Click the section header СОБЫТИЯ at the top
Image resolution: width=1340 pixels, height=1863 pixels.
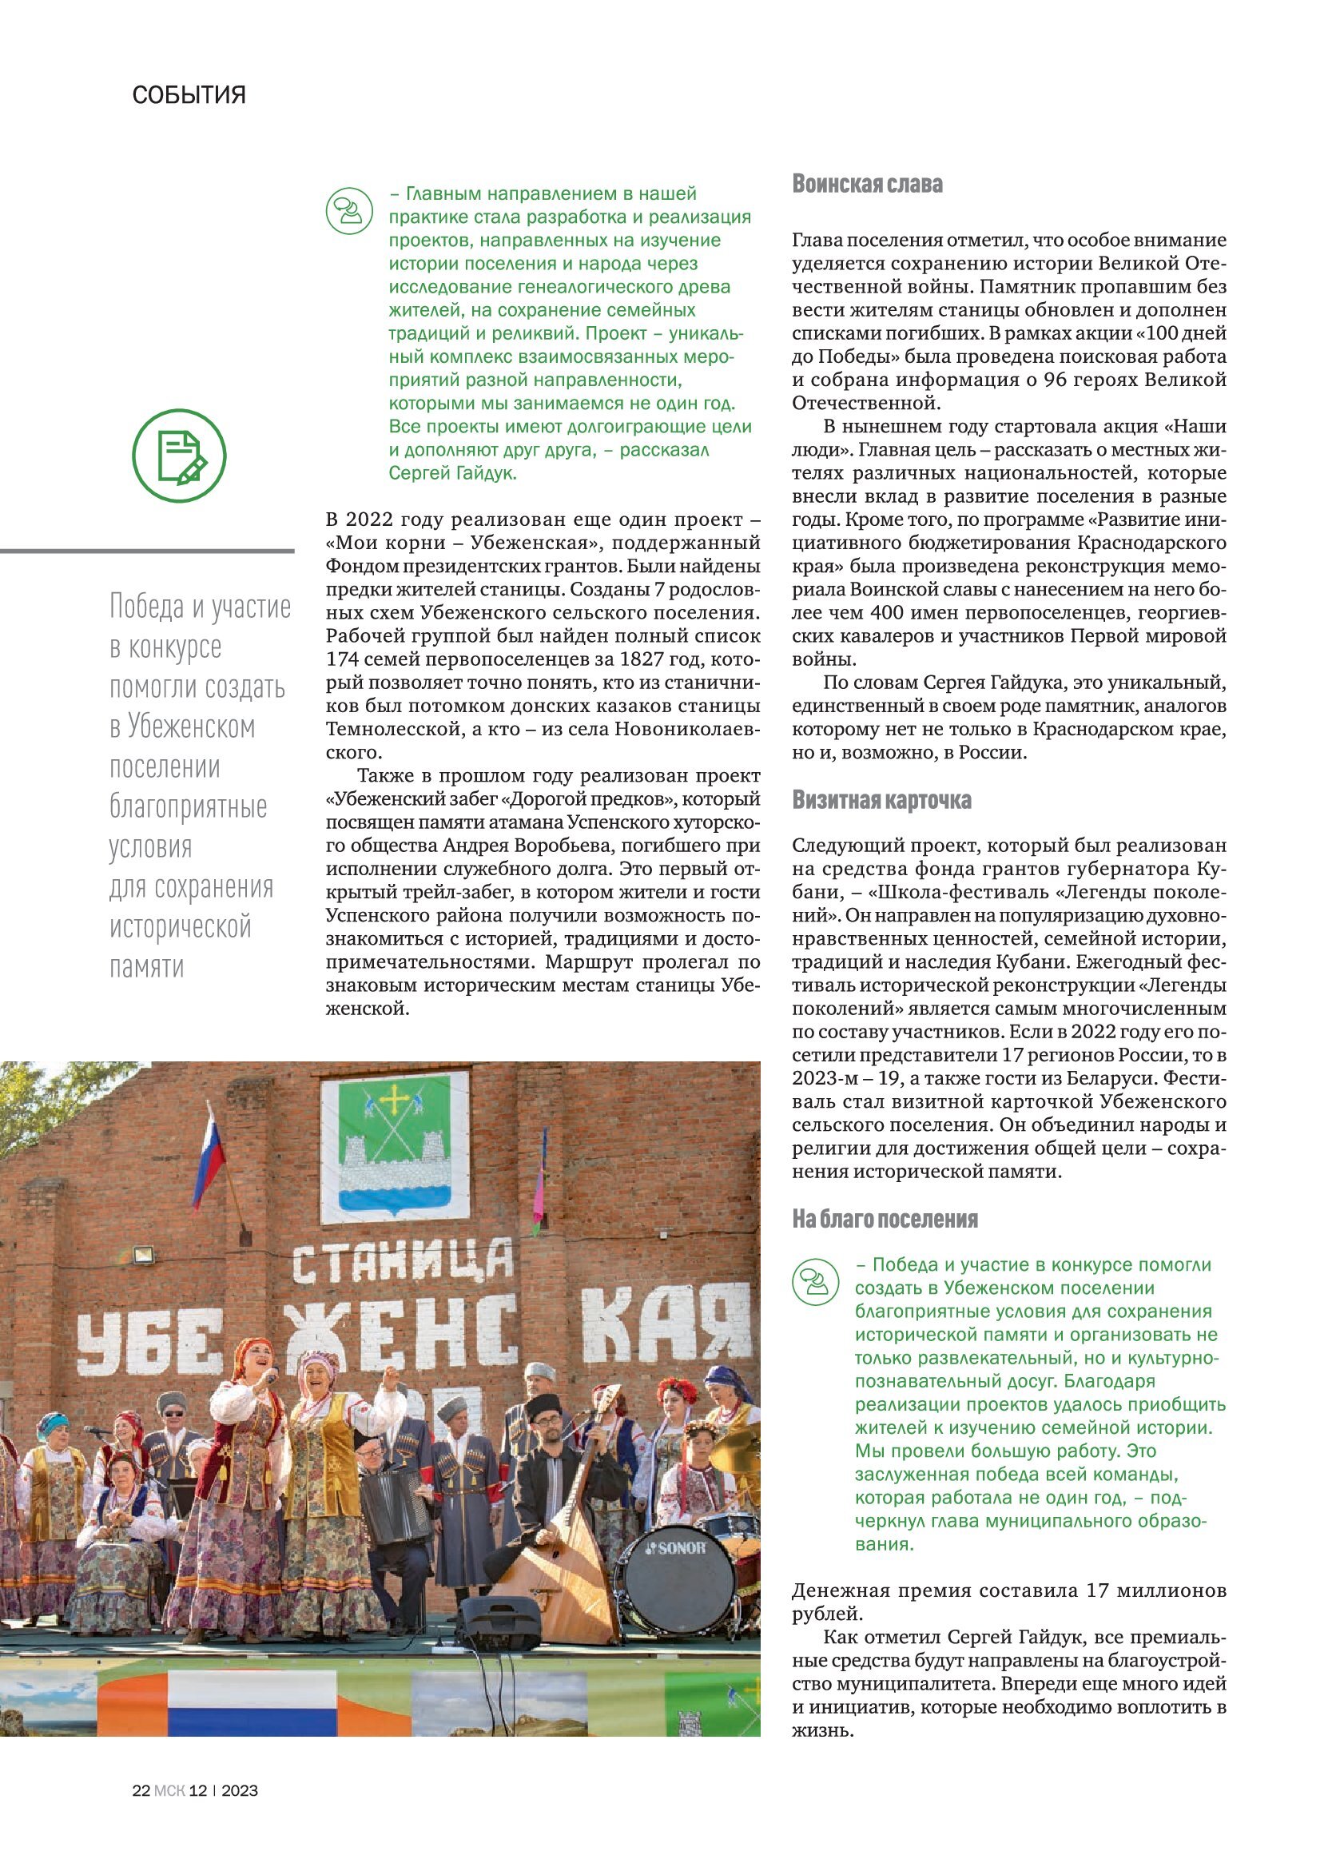coord(189,95)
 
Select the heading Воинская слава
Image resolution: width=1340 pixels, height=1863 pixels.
coord(866,184)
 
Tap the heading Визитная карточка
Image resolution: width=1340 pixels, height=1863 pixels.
coord(881,800)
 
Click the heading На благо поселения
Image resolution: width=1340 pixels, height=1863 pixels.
coord(885,1219)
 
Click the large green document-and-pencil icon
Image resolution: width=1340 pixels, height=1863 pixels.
coord(179,456)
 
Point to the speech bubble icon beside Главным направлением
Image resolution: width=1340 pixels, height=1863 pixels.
coord(349,211)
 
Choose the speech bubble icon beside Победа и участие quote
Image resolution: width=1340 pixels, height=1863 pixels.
coord(815,1282)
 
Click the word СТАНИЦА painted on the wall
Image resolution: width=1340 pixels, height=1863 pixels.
coord(403,1263)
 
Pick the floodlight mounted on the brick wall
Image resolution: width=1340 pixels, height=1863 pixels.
coord(142,1255)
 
